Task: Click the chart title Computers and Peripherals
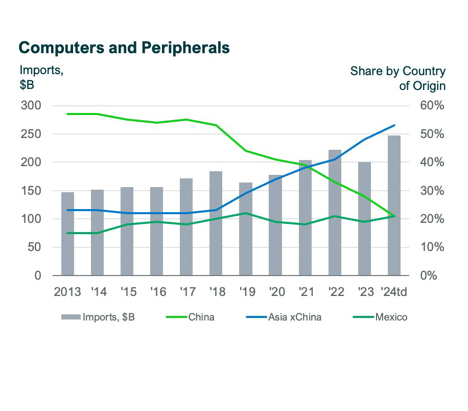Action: pos(124,48)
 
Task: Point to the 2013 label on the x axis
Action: pos(67,292)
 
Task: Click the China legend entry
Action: pos(201,317)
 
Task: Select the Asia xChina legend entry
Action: pos(295,317)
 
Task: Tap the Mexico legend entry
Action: pos(391,317)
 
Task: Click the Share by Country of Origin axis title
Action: pos(397,78)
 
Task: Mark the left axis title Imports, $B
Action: pos(41,78)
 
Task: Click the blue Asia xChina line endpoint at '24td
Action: pos(394,125)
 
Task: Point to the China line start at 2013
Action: pos(67,113)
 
